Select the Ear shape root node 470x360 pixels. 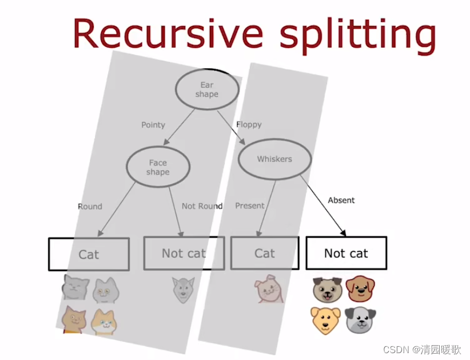(206, 89)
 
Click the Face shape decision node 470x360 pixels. (157, 167)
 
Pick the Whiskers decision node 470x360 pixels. (274, 159)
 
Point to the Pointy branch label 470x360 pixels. (153, 125)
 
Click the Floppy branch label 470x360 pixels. (249, 124)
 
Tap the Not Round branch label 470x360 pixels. (202, 206)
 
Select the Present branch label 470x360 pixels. (250, 205)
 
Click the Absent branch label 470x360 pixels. (341, 200)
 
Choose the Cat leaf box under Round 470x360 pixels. (89, 254)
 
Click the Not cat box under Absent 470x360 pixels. (346, 253)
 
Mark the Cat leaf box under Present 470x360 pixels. (265, 253)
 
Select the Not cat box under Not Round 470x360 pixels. (184, 253)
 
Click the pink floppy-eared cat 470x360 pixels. (268, 289)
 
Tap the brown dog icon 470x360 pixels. (361, 288)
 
